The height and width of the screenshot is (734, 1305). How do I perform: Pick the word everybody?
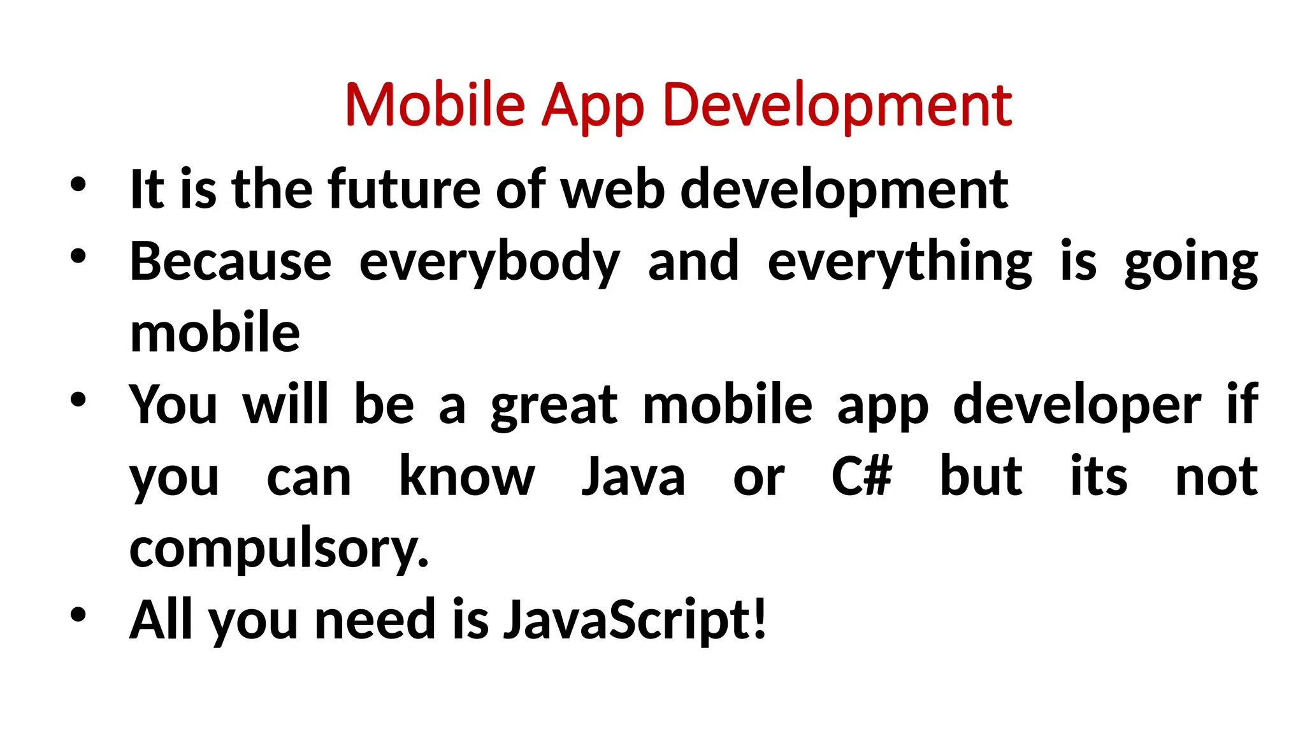(x=489, y=263)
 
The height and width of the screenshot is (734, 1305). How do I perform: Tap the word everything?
(x=900, y=263)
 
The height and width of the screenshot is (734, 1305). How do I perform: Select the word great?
(x=554, y=406)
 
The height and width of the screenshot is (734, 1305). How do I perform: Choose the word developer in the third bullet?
(x=1077, y=406)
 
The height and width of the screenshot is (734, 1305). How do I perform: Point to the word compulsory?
(x=278, y=549)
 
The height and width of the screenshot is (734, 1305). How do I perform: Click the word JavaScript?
(x=635, y=620)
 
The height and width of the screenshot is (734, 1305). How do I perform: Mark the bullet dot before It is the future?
(x=78, y=185)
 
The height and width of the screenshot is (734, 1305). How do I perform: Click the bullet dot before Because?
(x=78, y=257)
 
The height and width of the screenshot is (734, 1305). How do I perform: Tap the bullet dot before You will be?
(x=78, y=400)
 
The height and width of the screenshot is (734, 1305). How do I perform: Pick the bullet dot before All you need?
(x=78, y=615)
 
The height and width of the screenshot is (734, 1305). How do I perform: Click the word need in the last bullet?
(x=375, y=620)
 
